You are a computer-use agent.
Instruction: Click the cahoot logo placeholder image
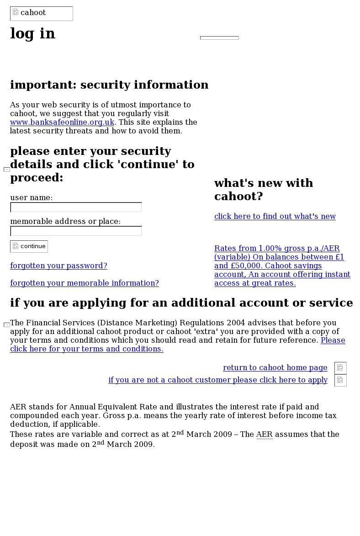pyautogui.click(x=41, y=13)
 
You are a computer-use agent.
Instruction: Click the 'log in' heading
pyautogui.click(x=33, y=34)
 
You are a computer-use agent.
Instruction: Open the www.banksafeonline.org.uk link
pyautogui.click(x=62, y=122)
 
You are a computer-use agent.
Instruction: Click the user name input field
pyautogui.click(x=76, y=207)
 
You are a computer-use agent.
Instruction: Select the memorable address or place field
pyautogui.click(x=76, y=231)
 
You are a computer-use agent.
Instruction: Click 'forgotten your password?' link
pyautogui.click(x=58, y=266)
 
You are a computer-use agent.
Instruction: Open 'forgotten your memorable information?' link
pyautogui.click(x=85, y=283)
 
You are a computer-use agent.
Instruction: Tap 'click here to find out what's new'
pyautogui.click(x=275, y=217)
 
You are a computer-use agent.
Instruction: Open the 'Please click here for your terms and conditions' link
pyautogui.click(x=87, y=349)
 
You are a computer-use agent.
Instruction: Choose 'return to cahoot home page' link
pyautogui.click(x=275, y=368)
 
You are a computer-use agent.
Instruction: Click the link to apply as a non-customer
pyautogui.click(x=218, y=380)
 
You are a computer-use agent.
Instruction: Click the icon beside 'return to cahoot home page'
pyautogui.click(x=340, y=368)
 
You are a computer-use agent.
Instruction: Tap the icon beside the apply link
pyautogui.click(x=340, y=380)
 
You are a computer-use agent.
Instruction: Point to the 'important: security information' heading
pyautogui.click(x=109, y=85)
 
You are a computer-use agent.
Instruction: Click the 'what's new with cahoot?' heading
pyautogui.click(x=264, y=190)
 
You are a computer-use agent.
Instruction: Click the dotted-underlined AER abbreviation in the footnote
pyautogui.click(x=264, y=435)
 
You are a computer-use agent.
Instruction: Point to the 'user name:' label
pyautogui.click(x=31, y=198)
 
